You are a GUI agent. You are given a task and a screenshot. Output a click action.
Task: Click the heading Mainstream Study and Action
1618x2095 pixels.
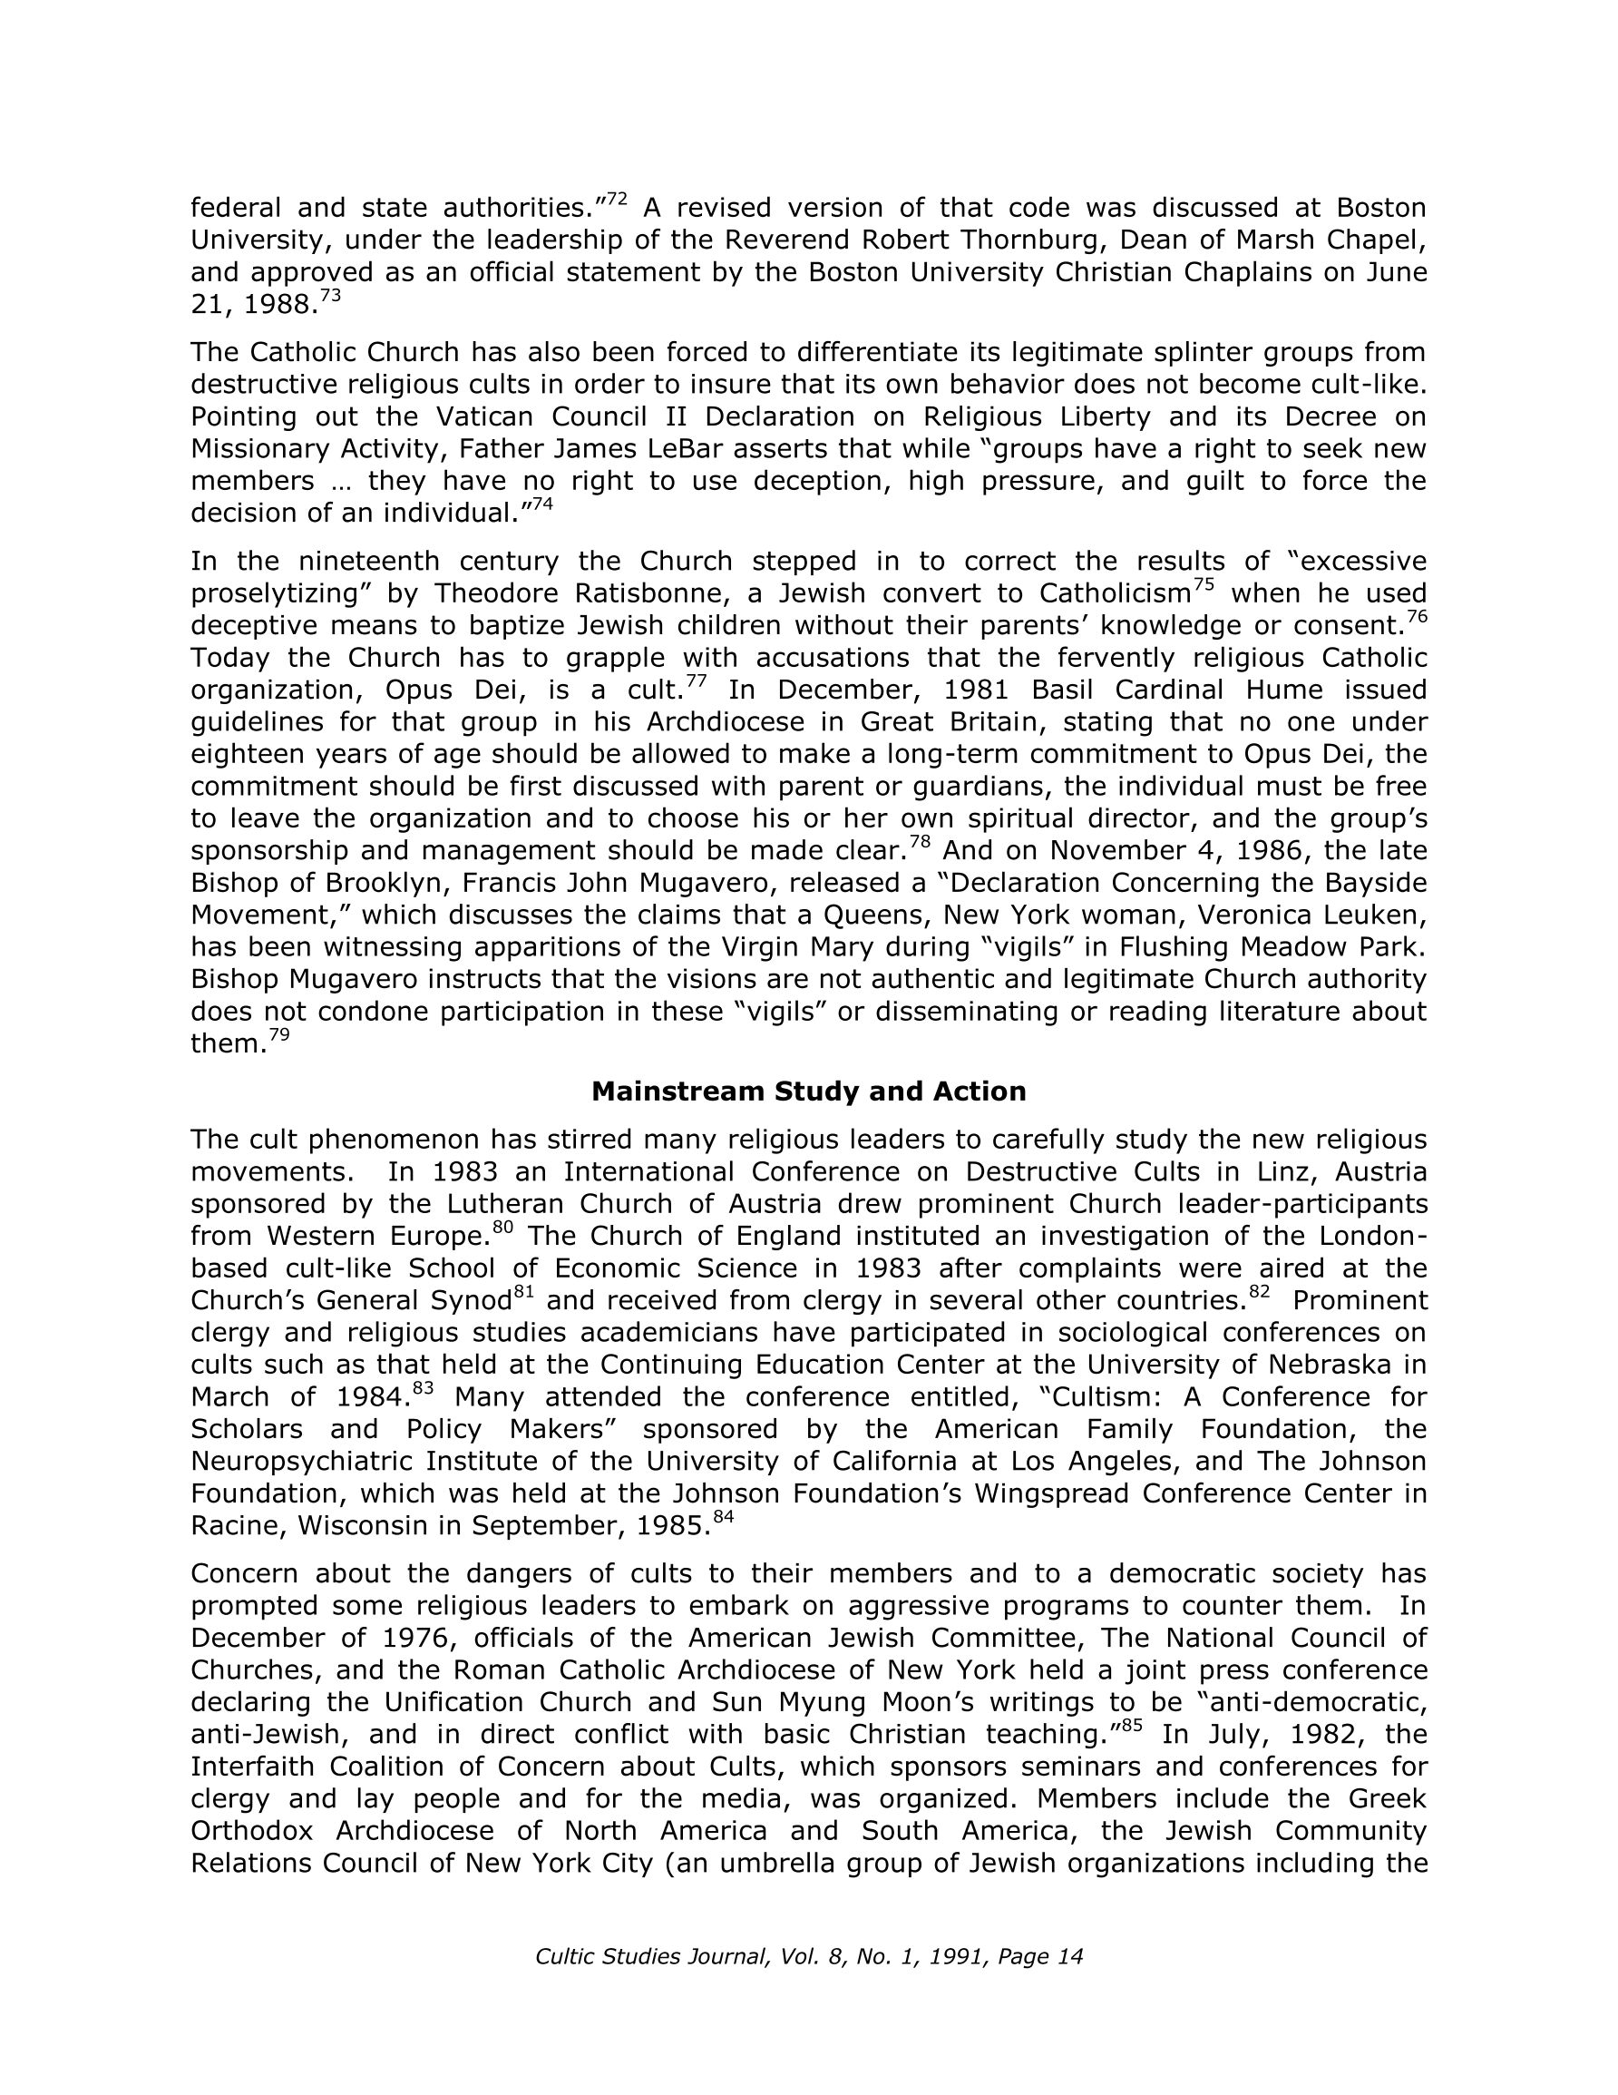(808, 1092)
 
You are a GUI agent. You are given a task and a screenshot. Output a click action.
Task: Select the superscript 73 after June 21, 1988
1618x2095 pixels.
(329, 297)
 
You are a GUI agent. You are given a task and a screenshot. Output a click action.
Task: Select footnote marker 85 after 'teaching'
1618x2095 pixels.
(1131, 1727)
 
